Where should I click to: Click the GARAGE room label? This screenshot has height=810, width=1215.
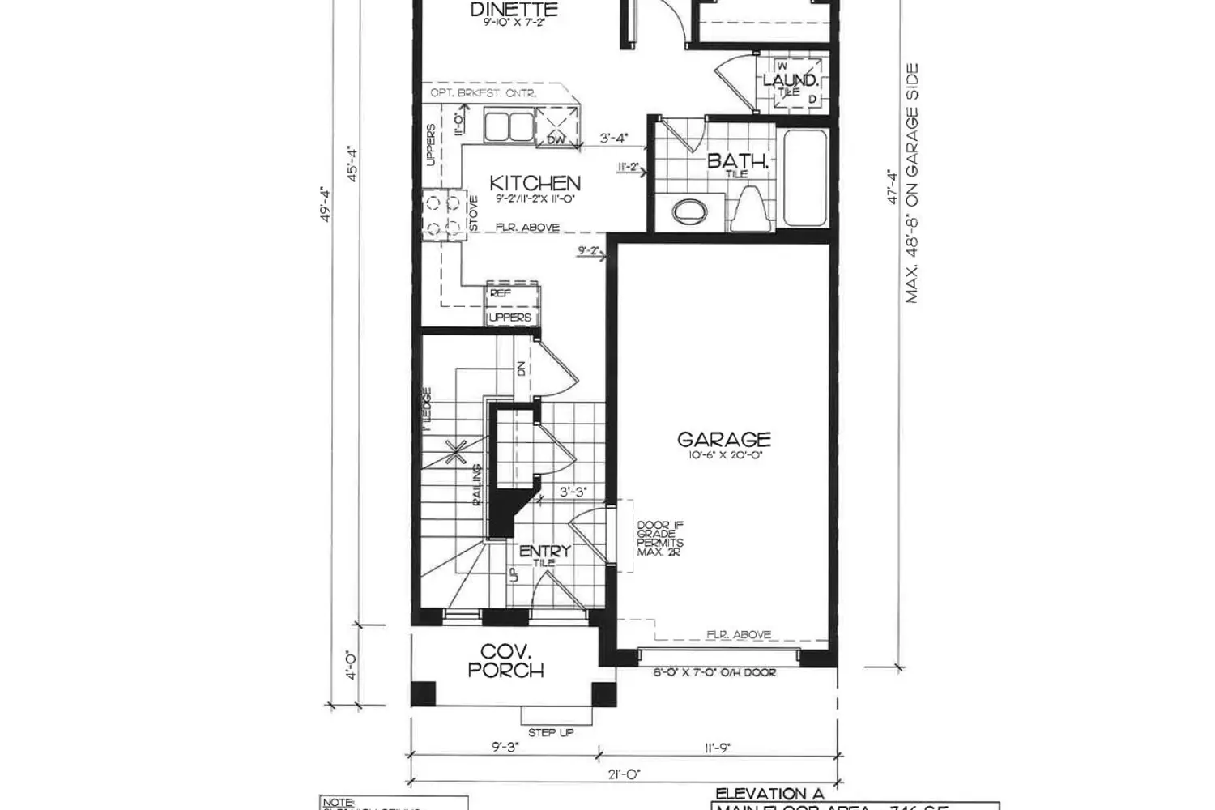(x=723, y=440)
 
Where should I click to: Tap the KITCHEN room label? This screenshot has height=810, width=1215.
(x=535, y=183)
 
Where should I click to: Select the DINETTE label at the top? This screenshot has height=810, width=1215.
(x=514, y=11)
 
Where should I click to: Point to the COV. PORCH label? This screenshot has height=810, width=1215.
(x=512, y=661)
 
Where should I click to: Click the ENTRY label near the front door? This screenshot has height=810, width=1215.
(x=544, y=552)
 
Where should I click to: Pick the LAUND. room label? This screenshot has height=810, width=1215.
(x=791, y=81)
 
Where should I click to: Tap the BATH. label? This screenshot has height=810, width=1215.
(x=736, y=160)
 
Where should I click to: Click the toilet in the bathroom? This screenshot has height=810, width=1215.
(x=748, y=207)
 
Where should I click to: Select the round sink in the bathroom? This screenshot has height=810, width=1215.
(x=689, y=211)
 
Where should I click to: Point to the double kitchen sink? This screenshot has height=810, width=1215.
(x=508, y=127)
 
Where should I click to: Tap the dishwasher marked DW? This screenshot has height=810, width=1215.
(x=556, y=129)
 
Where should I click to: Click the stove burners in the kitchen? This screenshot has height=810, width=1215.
(x=441, y=214)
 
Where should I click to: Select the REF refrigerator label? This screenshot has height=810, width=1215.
(x=501, y=294)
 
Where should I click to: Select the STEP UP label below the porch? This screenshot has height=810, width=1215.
(x=551, y=732)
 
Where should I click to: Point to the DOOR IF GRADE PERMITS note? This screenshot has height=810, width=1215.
(x=660, y=539)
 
